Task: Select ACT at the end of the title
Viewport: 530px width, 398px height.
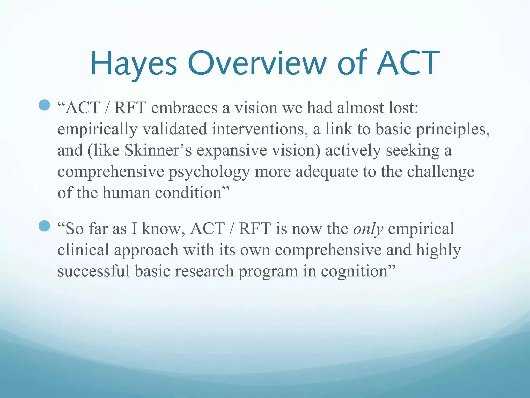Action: [408, 63]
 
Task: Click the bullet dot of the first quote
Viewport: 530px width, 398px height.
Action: [44, 105]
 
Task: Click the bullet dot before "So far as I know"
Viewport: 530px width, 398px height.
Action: [44, 226]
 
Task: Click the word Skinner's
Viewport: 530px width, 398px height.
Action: [158, 151]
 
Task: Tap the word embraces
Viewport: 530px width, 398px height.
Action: [184, 108]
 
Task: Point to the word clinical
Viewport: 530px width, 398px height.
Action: [83, 250]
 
